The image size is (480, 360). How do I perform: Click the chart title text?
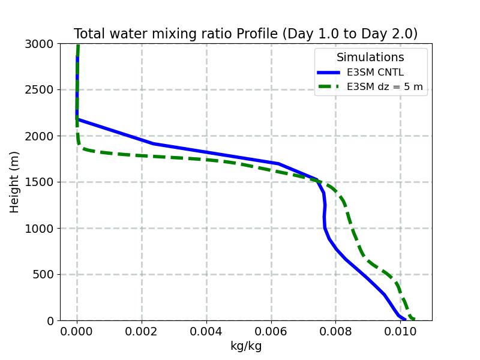(x=245, y=34)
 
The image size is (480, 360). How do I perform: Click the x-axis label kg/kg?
(x=246, y=346)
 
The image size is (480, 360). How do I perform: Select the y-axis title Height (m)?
(x=15, y=182)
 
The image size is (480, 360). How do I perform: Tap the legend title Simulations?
(x=370, y=58)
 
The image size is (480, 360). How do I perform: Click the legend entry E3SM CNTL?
(x=375, y=73)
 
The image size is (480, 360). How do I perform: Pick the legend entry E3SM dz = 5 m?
(x=385, y=87)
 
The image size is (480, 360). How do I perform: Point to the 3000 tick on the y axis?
(x=41, y=44)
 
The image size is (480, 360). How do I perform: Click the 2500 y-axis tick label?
(x=41, y=90)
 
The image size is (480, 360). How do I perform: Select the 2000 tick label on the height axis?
(x=41, y=136)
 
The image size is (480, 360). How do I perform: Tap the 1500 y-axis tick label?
(x=41, y=182)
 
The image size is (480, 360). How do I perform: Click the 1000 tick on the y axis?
(x=41, y=229)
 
